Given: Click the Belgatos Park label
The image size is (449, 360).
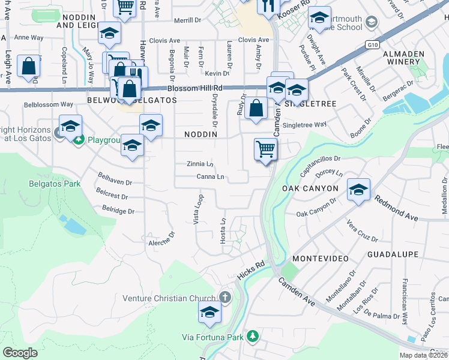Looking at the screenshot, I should (x=55, y=184).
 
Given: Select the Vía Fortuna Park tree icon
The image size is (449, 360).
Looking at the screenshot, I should (x=253, y=335).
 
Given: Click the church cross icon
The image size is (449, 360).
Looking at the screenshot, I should (x=225, y=297).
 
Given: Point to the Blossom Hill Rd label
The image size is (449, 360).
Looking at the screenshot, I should (x=195, y=88).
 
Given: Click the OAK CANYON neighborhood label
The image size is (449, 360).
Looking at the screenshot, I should (x=310, y=188).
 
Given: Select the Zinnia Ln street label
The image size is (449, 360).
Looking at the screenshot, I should (x=199, y=164).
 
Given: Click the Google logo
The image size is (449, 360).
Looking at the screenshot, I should (x=20, y=353).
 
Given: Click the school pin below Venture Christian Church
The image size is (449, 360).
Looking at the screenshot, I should (x=209, y=312).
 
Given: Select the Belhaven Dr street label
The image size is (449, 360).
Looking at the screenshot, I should (x=115, y=179).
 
